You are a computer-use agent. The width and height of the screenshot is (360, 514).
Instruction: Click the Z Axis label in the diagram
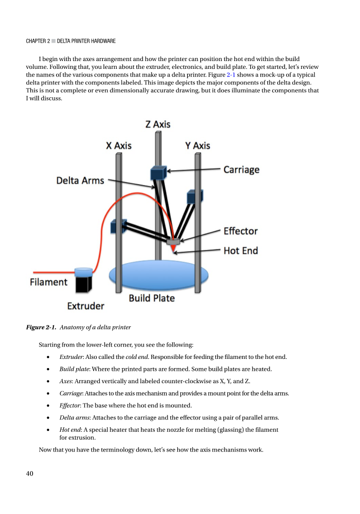pos(158,124)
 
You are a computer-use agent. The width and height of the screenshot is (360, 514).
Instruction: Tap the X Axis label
pos(118,145)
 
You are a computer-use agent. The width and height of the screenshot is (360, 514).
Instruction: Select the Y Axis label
pos(197,145)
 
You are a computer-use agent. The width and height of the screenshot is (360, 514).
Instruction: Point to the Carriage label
pos(241,170)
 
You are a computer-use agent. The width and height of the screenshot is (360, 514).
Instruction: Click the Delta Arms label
pos(80,180)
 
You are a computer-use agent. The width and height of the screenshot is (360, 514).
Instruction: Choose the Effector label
pos(241,231)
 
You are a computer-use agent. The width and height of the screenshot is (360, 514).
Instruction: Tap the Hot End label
pos(241,251)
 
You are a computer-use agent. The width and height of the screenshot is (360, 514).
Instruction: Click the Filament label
pos(49,282)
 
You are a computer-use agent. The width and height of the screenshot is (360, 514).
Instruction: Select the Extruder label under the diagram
pos(86,306)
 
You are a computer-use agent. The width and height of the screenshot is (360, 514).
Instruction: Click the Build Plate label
pos(152,298)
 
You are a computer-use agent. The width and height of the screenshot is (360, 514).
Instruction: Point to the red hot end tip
pos(173,249)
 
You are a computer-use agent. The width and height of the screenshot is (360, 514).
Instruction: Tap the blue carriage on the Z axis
pos(157,173)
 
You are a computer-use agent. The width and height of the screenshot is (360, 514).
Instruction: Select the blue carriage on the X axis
pos(118,226)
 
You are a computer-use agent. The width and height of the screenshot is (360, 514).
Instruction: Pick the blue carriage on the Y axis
pos(195,196)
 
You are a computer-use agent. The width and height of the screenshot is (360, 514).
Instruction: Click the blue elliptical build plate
pos(158,275)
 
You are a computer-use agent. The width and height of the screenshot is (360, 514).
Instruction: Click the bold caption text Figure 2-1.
pos(41,328)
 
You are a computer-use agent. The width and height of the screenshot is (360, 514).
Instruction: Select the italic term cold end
pos(138,357)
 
